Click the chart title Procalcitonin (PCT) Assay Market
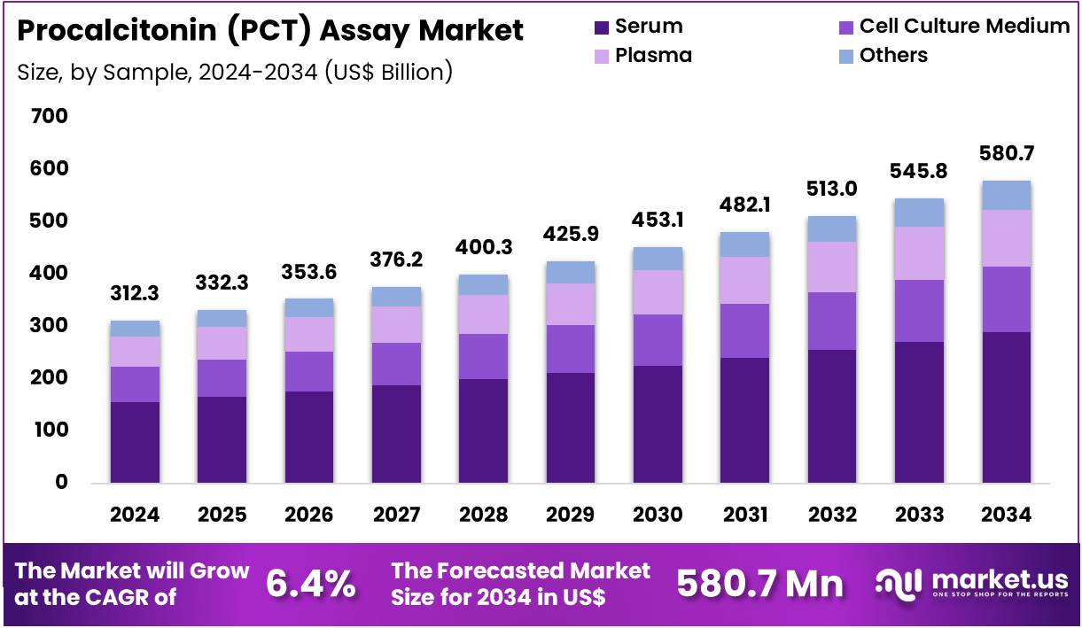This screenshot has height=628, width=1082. pos(270,31)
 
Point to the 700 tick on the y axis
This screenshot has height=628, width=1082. pos(49,116)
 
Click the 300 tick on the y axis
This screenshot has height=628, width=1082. pos(49,325)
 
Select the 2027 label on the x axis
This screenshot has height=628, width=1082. pos(396,516)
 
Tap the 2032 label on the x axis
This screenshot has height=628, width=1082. pos(831,516)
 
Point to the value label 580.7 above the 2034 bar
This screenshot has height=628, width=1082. pos(1006,154)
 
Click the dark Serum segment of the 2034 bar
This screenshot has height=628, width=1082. pos(1006,407)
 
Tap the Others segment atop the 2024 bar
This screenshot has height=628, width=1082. pos(135,329)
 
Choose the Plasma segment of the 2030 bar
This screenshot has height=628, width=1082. pos(657,292)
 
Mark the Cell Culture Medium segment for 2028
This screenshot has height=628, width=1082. pos(483,356)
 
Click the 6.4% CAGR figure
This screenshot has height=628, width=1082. pos(311,584)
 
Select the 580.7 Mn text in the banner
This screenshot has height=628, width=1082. pos(759,584)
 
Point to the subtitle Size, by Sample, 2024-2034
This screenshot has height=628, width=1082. pos(235,72)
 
